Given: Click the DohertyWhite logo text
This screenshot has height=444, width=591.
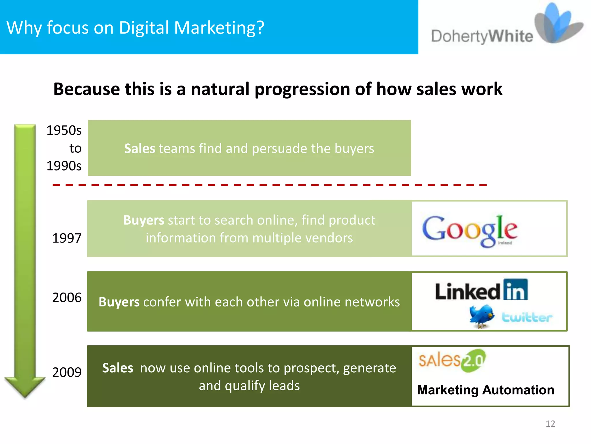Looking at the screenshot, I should tap(482, 37).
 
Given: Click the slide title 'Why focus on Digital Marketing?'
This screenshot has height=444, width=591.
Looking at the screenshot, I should tap(135, 28).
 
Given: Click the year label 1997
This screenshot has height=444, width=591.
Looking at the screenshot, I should tap(67, 238).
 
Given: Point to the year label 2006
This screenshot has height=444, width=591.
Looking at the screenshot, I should tap(67, 297).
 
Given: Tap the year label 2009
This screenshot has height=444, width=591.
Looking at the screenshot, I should tap(67, 372).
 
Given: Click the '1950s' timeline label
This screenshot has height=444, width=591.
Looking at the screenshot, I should tap(64, 130).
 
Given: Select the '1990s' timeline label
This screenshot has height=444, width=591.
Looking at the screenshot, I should tap(64, 166).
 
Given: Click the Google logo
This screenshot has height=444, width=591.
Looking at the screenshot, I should tap(470, 231).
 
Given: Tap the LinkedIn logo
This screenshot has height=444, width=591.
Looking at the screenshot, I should tap(481, 290).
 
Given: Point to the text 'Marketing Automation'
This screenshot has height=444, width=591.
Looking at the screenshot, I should tap(486, 390).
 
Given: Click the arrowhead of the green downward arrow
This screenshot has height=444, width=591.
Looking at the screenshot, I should tap(25, 386).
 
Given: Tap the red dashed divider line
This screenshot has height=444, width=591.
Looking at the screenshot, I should tap(270, 185).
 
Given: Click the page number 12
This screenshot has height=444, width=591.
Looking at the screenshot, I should tap(550, 423).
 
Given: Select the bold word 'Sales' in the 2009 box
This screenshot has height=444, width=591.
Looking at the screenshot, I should tap(117, 368).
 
